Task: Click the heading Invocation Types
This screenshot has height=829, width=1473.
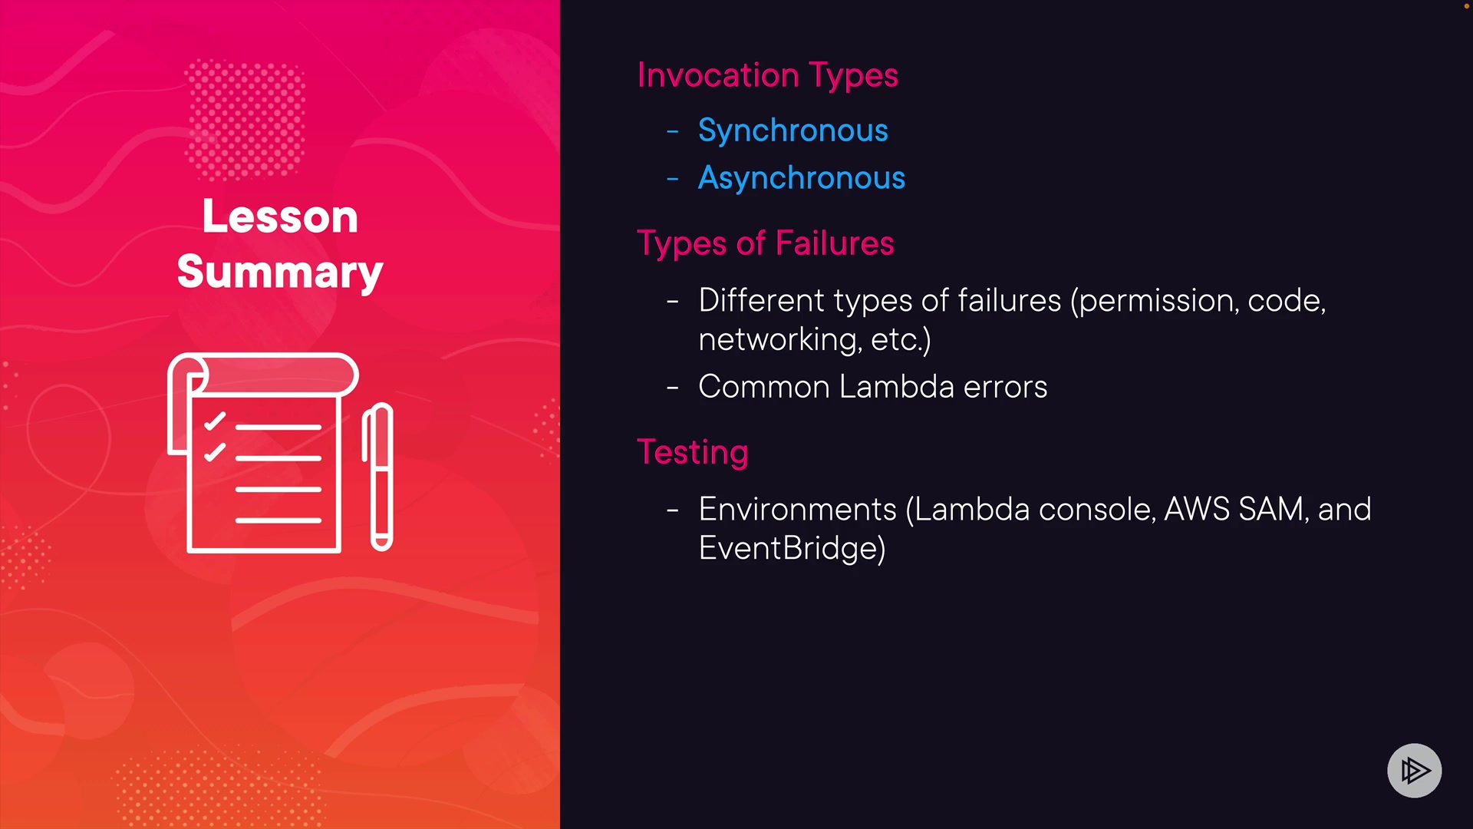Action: pos(767,76)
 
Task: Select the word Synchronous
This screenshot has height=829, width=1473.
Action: pos(793,131)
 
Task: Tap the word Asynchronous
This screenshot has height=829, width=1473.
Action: pos(802,179)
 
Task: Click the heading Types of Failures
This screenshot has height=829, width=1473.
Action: pos(766,244)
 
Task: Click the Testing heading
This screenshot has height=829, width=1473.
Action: pos(693,453)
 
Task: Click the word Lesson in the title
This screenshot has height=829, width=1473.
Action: pos(280,216)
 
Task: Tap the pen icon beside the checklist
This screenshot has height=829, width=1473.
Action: pos(377,477)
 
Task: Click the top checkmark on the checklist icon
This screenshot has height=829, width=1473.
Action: pos(215,421)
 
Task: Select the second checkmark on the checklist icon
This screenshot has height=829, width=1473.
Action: pos(215,452)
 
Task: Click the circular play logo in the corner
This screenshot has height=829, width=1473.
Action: pos(1415,771)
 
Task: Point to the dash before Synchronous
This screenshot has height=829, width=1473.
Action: pos(673,133)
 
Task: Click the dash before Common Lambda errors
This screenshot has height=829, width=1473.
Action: pos(673,388)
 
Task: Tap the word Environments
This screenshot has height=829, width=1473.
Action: pos(798,510)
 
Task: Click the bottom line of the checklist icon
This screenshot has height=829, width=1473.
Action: pos(278,520)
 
